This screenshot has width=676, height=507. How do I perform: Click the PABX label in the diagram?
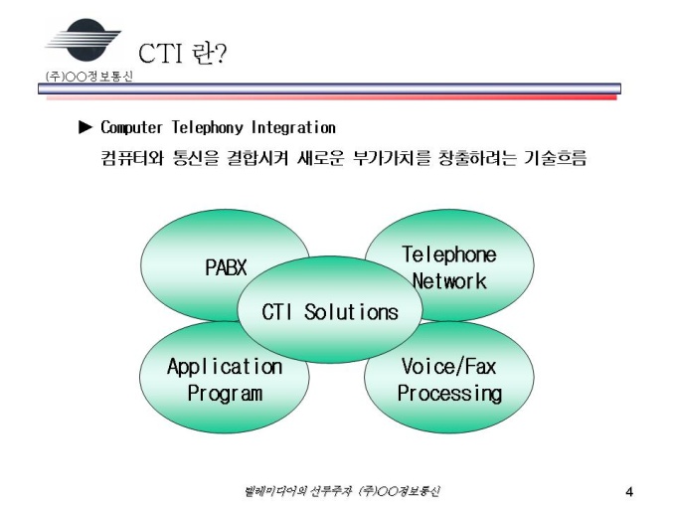click(x=226, y=267)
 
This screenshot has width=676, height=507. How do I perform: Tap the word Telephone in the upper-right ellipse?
click(x=448, y=254)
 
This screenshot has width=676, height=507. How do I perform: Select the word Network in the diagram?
click(x=449, y=280)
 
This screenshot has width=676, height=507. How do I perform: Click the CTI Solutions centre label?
click(x=330, y=312)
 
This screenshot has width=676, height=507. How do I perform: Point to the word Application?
click(x=225, y=367)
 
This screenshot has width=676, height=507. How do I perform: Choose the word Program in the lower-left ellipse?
click(x=226, y=393)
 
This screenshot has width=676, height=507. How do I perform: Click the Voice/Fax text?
click(x=448, y=367)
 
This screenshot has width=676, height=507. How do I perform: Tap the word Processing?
click(x=449, y=393)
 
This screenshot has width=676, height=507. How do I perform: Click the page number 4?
click(x=629, y=490)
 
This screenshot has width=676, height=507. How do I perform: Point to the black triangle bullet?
click(x=85, y=127)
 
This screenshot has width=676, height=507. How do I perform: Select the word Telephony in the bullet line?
click(x=208, y=128)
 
